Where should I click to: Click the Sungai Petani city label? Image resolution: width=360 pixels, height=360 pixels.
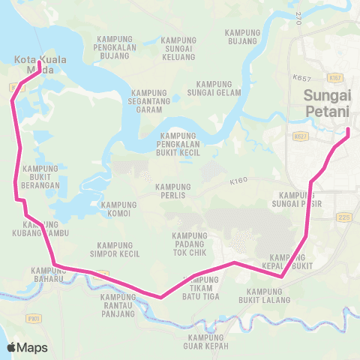[327, 103]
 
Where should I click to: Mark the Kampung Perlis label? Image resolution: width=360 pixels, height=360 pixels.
[174, 191]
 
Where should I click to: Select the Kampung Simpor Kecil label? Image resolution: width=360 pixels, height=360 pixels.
[115, 249]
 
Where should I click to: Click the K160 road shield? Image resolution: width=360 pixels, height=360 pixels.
[239, 181]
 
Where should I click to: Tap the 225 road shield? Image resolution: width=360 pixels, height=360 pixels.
[344, 217]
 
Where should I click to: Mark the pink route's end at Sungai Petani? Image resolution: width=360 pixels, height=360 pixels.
[349, 132]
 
